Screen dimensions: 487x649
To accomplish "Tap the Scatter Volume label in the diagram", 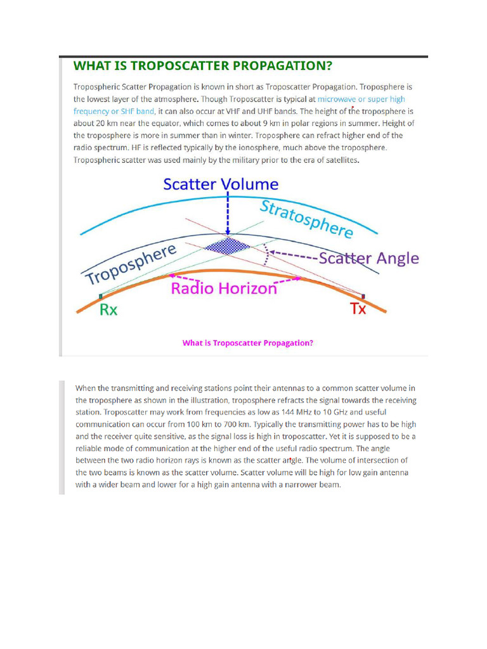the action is (221, 184).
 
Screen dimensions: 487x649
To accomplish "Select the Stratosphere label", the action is (306, 219).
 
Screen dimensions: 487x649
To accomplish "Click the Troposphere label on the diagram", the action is (130, 266).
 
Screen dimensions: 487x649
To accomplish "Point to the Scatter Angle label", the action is (368, 259).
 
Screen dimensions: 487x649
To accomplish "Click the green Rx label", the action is (109, 310).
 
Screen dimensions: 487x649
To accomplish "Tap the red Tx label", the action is (358, 309).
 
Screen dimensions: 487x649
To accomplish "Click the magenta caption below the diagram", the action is (248, 343).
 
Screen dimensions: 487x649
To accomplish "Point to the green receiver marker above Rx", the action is (101, 296).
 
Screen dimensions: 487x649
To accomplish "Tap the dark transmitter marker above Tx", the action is (363, 296).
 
